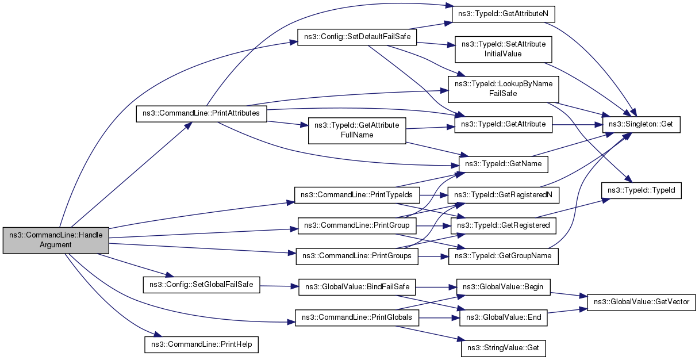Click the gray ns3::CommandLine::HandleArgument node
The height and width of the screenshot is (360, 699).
(x=56, y=240)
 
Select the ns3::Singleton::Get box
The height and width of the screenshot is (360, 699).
(x=642, y=124)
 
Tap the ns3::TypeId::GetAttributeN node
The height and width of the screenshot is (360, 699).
(x=503, y=14)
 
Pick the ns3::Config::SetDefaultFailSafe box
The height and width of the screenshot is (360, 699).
(x=357, y=37)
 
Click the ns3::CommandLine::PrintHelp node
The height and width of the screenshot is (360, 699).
(x=201, y=344)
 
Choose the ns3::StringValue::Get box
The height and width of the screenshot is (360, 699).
(x=504, y=348)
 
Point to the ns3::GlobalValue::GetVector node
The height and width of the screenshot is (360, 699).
(x=642, y=302)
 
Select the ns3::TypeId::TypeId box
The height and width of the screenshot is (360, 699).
(x=642, y=190)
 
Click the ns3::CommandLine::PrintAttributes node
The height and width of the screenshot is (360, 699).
(x=201, y=114)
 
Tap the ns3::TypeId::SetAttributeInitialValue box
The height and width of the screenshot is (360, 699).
(x=504, y=49)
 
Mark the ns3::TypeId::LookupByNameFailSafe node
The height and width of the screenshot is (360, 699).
(x=504, y=89)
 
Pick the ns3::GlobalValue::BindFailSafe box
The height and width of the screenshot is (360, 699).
(x=357, y=287)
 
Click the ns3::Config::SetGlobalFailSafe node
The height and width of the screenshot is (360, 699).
(x=201, y=285)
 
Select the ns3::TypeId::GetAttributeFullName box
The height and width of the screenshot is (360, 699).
(x=357, y=131)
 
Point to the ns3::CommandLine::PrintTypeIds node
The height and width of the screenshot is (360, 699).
(x=357, y=195)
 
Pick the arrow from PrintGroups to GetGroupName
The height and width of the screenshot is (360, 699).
(x=433, y=256)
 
